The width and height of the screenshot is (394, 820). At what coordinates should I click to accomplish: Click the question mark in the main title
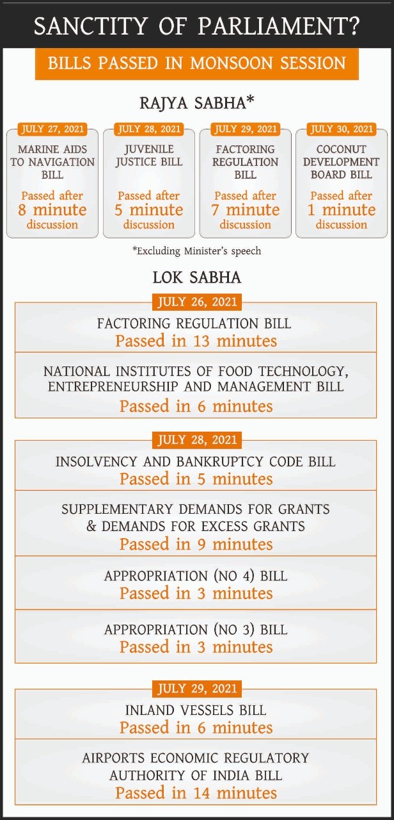[x=352, y=26]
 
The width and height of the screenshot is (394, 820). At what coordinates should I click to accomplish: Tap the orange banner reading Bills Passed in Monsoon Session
[x=196, y=63]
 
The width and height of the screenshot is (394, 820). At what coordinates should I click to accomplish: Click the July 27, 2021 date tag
[x=52, y=129]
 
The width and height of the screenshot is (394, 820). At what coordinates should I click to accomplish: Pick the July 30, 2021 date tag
[x=342, y=129]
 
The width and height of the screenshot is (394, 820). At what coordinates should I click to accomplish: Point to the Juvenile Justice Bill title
[x=148, y=156]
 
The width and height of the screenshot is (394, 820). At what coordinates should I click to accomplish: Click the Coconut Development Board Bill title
[x=342, y=161]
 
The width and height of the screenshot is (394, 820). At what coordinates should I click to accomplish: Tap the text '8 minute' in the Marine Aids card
[x=52, y=210]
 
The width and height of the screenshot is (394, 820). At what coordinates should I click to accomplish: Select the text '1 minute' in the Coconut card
[x=342, y=210]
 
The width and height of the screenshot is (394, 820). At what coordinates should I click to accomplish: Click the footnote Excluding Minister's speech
[x=196, y=250]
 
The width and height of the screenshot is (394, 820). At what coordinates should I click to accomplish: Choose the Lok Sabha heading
[x=196, y=277]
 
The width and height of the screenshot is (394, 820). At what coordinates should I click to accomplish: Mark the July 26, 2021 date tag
[x=196, y=302]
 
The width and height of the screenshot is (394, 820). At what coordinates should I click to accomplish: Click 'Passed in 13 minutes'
[x=196, y=341]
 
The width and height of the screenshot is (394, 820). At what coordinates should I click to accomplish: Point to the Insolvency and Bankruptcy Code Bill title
[x=195, y=461]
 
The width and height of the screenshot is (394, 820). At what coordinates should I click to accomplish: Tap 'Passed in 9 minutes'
[x=196, y=545]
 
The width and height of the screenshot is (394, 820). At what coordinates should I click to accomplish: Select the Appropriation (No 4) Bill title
[x=196, y=576]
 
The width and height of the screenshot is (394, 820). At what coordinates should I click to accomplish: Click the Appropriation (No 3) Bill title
[x=196, y=630]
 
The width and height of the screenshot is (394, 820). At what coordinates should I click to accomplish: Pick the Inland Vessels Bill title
[x=196, y=710]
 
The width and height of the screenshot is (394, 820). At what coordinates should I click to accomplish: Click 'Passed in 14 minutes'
[x=196, y=792]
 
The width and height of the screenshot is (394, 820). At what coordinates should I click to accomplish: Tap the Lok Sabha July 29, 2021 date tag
[x=196, y=689]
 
